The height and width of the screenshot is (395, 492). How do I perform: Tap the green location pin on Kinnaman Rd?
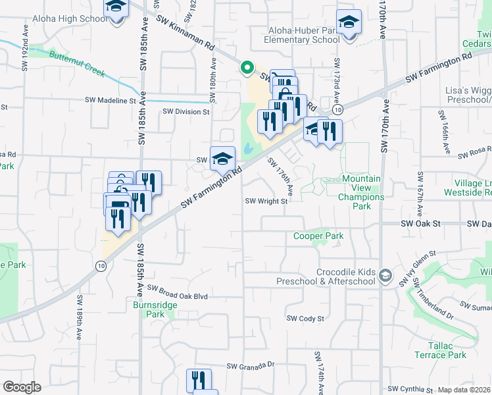pyautogui.click(x=247, y=67)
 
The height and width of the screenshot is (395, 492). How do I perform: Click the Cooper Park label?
pyautogui.click(x=318, y=236)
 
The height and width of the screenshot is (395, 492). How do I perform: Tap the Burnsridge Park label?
pyautogui.click(x=149, y=309)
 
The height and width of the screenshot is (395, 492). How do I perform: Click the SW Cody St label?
pyautogui.click(x=305, y=319)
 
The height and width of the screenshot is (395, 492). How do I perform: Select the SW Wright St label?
pyautogui.click(x=266, y=201)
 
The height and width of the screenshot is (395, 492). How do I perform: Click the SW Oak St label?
pyautogui.click(x=420, y=224)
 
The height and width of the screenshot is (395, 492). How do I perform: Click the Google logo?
pyautogui.click(x=22, y=387)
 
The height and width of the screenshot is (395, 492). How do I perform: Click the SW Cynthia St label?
pyautogui.click(x=410, y=390)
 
